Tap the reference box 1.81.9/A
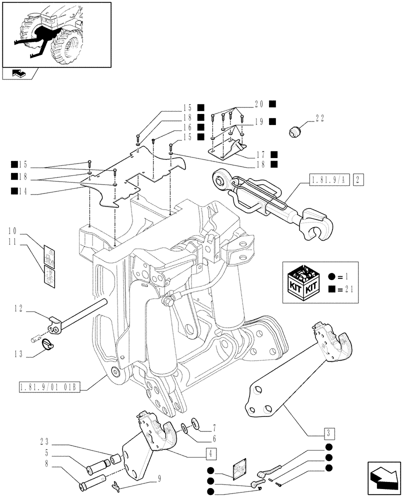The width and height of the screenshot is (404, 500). pyautogui.click(x=329, y=179)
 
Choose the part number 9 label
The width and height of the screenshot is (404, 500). pyautogui.click(x=159, y=478)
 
